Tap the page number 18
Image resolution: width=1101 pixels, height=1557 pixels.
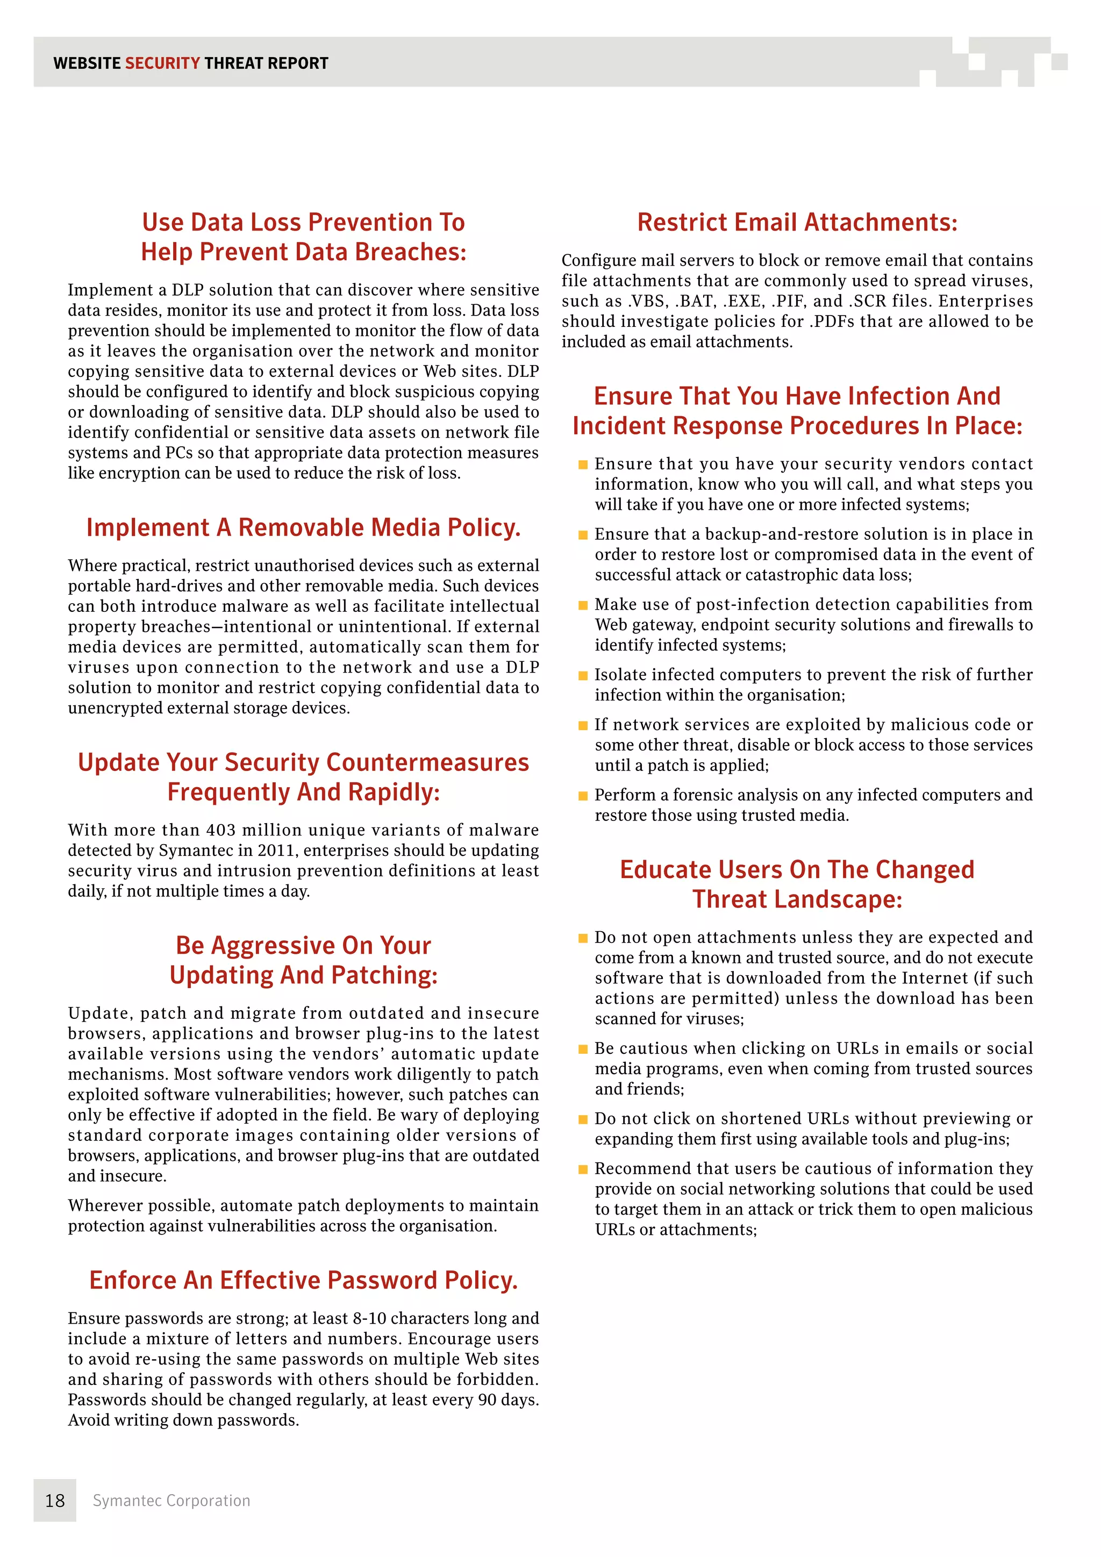click(x=55, y=1501)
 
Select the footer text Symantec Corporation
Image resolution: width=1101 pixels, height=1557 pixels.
click(x=171, y=1501)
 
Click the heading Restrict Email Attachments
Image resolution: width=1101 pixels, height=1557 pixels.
click(x=797, y=223)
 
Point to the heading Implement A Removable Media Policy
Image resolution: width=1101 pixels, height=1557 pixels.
click(x=303, y=527)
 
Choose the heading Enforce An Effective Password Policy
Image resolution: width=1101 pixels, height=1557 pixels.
click(x=303, y=1280)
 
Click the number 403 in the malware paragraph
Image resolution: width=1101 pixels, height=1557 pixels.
click(x=244, y=830)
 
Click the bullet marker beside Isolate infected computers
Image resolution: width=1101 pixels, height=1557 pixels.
click(x=582, y=675)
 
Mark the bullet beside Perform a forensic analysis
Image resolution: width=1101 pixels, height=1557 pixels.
click(x=582, y=796)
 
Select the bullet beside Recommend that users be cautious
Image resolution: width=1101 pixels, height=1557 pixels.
click(x=582, y=1169)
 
